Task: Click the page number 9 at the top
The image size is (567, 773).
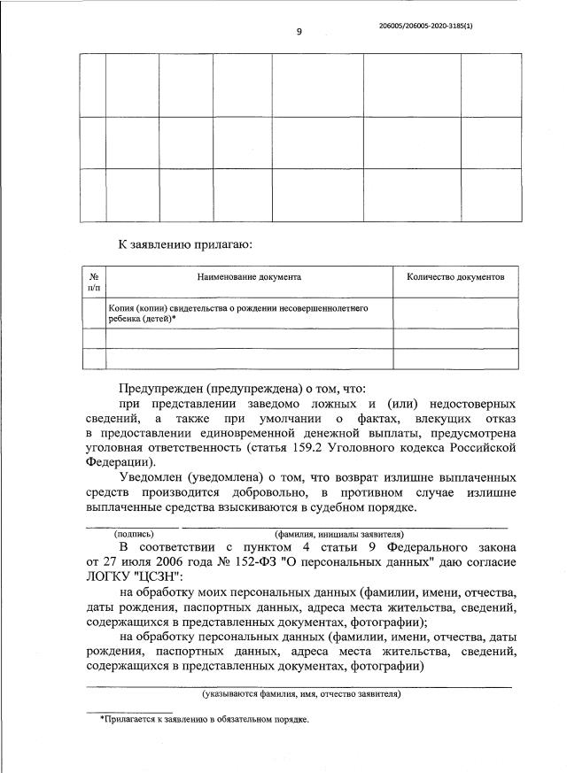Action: pyautogui.click(x=299, y=32)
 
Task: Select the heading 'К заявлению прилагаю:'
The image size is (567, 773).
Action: pyautogui.click(x=188, y=243)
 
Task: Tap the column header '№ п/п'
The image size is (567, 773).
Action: pyautogui.click(x=93, y=282)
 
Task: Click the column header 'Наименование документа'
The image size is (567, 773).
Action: pyautogui.click(x=249, y=277)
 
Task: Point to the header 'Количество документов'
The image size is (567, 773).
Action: pyautogui.click(x=455, y=277)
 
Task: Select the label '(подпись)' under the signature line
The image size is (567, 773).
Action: pyautogui.click(x=133, y=534)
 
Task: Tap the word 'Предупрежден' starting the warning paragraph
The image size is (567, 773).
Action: pyautogui.click(x=161, y=389)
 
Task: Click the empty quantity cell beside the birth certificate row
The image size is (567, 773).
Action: pyautogui.click(x=455, y=313)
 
